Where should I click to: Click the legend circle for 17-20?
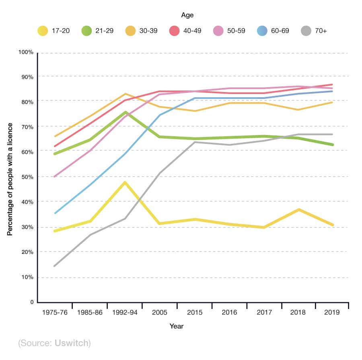click(x=42, y=31)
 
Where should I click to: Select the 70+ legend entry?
click(x=314, y=31)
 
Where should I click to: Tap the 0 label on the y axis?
click(x=31, y=302)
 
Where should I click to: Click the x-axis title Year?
click(x=176, y=326)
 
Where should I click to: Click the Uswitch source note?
click(x=54, y=343)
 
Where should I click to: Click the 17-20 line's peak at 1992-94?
click(x=125, y=182)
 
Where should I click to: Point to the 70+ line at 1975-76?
click(x=54, y=266)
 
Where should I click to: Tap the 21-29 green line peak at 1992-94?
click(x=125, y=112)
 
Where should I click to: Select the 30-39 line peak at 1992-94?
click(x=125, y=94)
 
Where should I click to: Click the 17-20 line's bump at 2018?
click(x=298, y=210)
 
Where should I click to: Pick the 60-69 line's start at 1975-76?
click(x=54, y=213)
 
